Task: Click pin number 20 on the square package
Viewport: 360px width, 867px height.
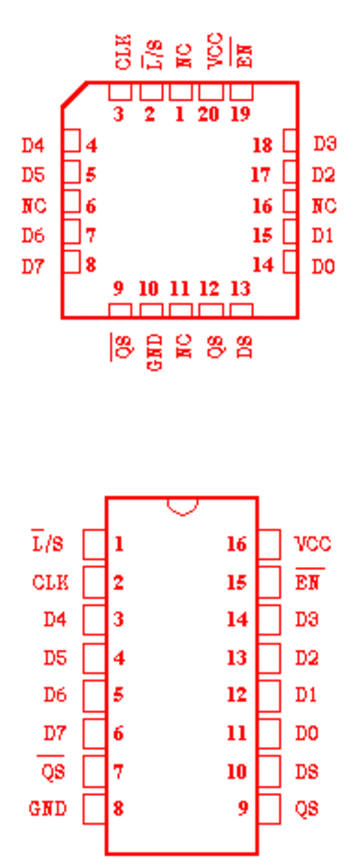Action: click(209, 114)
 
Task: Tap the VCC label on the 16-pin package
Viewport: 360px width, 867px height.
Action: click(313, 545)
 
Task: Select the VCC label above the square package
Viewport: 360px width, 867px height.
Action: click(215, 51)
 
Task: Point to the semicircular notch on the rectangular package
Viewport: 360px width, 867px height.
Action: click(183, 507)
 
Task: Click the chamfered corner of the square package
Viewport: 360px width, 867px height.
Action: click(74, 94)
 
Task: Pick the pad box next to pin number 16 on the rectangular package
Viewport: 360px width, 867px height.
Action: click(269, 545)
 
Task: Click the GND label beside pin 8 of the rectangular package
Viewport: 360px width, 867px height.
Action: click(48, 809)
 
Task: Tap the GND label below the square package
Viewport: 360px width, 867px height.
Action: click(156, 352)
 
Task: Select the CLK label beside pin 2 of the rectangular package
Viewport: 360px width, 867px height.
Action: click(50, 583)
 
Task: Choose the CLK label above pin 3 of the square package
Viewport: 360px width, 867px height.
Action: click(124, 51)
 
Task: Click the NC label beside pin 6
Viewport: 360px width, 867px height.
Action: click(33, 206)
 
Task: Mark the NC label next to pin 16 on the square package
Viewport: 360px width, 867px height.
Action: click(324, 206)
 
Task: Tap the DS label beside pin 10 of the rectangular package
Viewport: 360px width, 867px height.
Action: click(307, 772)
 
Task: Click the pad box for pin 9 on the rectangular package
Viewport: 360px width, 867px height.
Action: click(269, 809)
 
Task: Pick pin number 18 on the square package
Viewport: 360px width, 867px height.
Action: click(263, 146)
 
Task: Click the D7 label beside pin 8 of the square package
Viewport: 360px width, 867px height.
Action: click(32, 266)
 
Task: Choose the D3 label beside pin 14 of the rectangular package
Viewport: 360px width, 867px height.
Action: click(307, 619)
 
